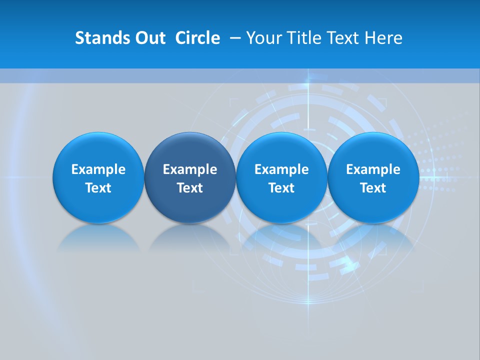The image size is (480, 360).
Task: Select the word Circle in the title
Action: pos(197,38)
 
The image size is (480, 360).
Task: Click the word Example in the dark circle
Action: pos(190,169)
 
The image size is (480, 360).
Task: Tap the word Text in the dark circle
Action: pos(190,188)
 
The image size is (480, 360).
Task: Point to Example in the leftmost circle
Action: pos(98,169)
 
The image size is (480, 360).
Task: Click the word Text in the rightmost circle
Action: pos(373,188)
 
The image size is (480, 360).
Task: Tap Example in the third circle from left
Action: pos(281,169)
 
